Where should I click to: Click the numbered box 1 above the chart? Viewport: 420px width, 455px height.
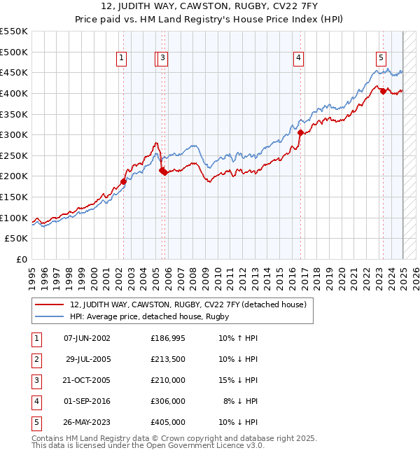point(122,58)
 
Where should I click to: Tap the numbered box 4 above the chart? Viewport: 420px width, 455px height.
point(298,58)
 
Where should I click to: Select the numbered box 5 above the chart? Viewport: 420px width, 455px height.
point(381,58)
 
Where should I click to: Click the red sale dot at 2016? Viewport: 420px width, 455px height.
point(300,132)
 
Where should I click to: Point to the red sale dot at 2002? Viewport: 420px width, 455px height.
point(124,181)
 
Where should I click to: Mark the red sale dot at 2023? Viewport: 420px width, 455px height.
point(383,91)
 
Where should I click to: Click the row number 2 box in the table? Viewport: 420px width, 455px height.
point(36,360)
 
